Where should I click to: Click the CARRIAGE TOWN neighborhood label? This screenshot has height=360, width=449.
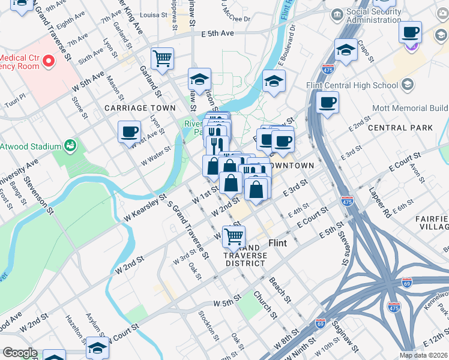point(140,108)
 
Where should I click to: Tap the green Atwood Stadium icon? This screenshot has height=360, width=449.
point(71,145)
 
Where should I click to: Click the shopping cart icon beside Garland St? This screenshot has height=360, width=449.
point(162,59)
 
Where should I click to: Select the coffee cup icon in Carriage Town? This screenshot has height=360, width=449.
point(129,131)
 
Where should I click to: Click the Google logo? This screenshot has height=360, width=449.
point(19,353)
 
